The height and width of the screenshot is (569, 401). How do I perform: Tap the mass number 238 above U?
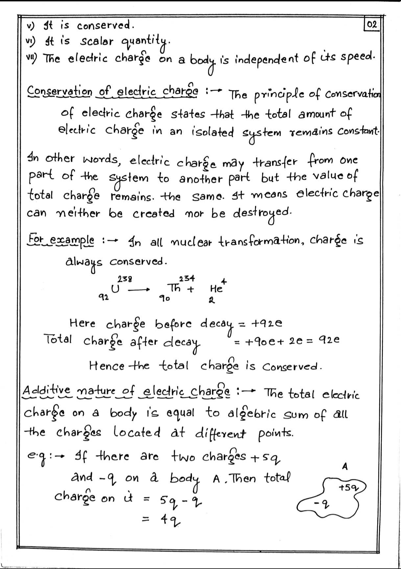coord(125,279)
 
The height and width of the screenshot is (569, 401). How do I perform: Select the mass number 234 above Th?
coord(187,279)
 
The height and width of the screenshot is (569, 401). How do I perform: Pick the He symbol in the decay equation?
coord(216,289)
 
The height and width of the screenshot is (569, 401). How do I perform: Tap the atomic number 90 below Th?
coord(164,298)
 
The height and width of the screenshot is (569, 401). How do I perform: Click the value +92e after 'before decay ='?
coord(266,323)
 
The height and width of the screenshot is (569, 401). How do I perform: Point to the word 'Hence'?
coord(106,366)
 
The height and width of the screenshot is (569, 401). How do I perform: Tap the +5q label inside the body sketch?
coord(348,489)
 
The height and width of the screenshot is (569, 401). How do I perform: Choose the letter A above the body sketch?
coord(345,467)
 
